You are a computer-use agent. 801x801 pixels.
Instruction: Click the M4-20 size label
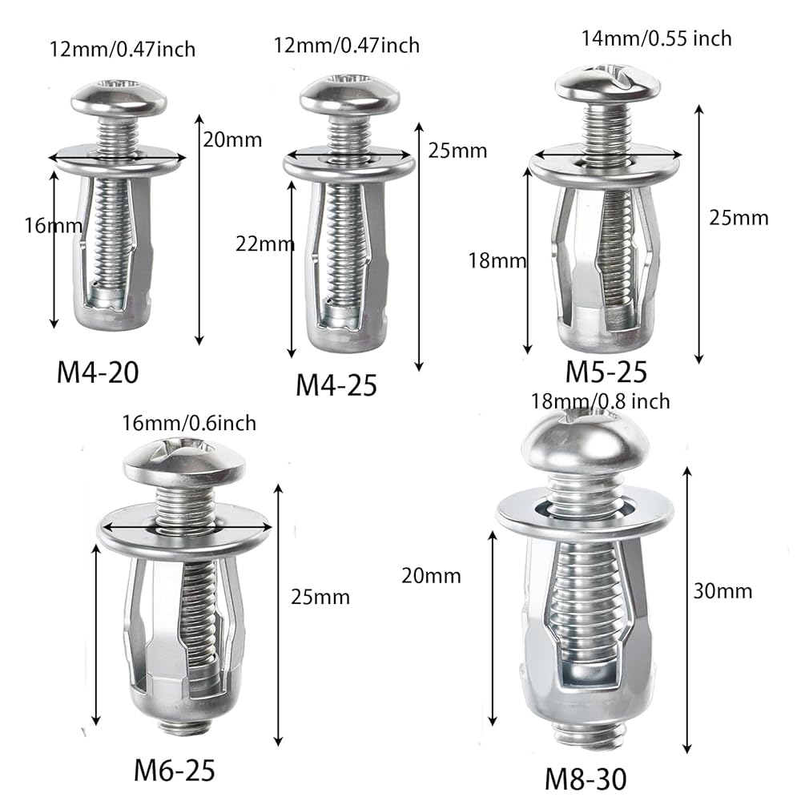[98, 372]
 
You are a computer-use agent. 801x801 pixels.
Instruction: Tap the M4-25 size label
[336, 385]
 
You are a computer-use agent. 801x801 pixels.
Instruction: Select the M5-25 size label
[606, 372]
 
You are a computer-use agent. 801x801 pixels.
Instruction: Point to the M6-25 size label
[174, 770]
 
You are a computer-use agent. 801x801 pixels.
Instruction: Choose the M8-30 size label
[586, 779]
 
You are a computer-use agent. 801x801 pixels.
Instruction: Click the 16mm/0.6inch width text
[189, 424]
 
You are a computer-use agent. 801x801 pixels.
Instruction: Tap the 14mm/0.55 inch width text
[657, 38]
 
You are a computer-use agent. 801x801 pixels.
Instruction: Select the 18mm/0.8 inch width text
[600, 401]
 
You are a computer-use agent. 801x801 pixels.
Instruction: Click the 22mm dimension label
[264, 244]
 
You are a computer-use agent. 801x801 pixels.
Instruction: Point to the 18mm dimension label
[497, 261]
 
